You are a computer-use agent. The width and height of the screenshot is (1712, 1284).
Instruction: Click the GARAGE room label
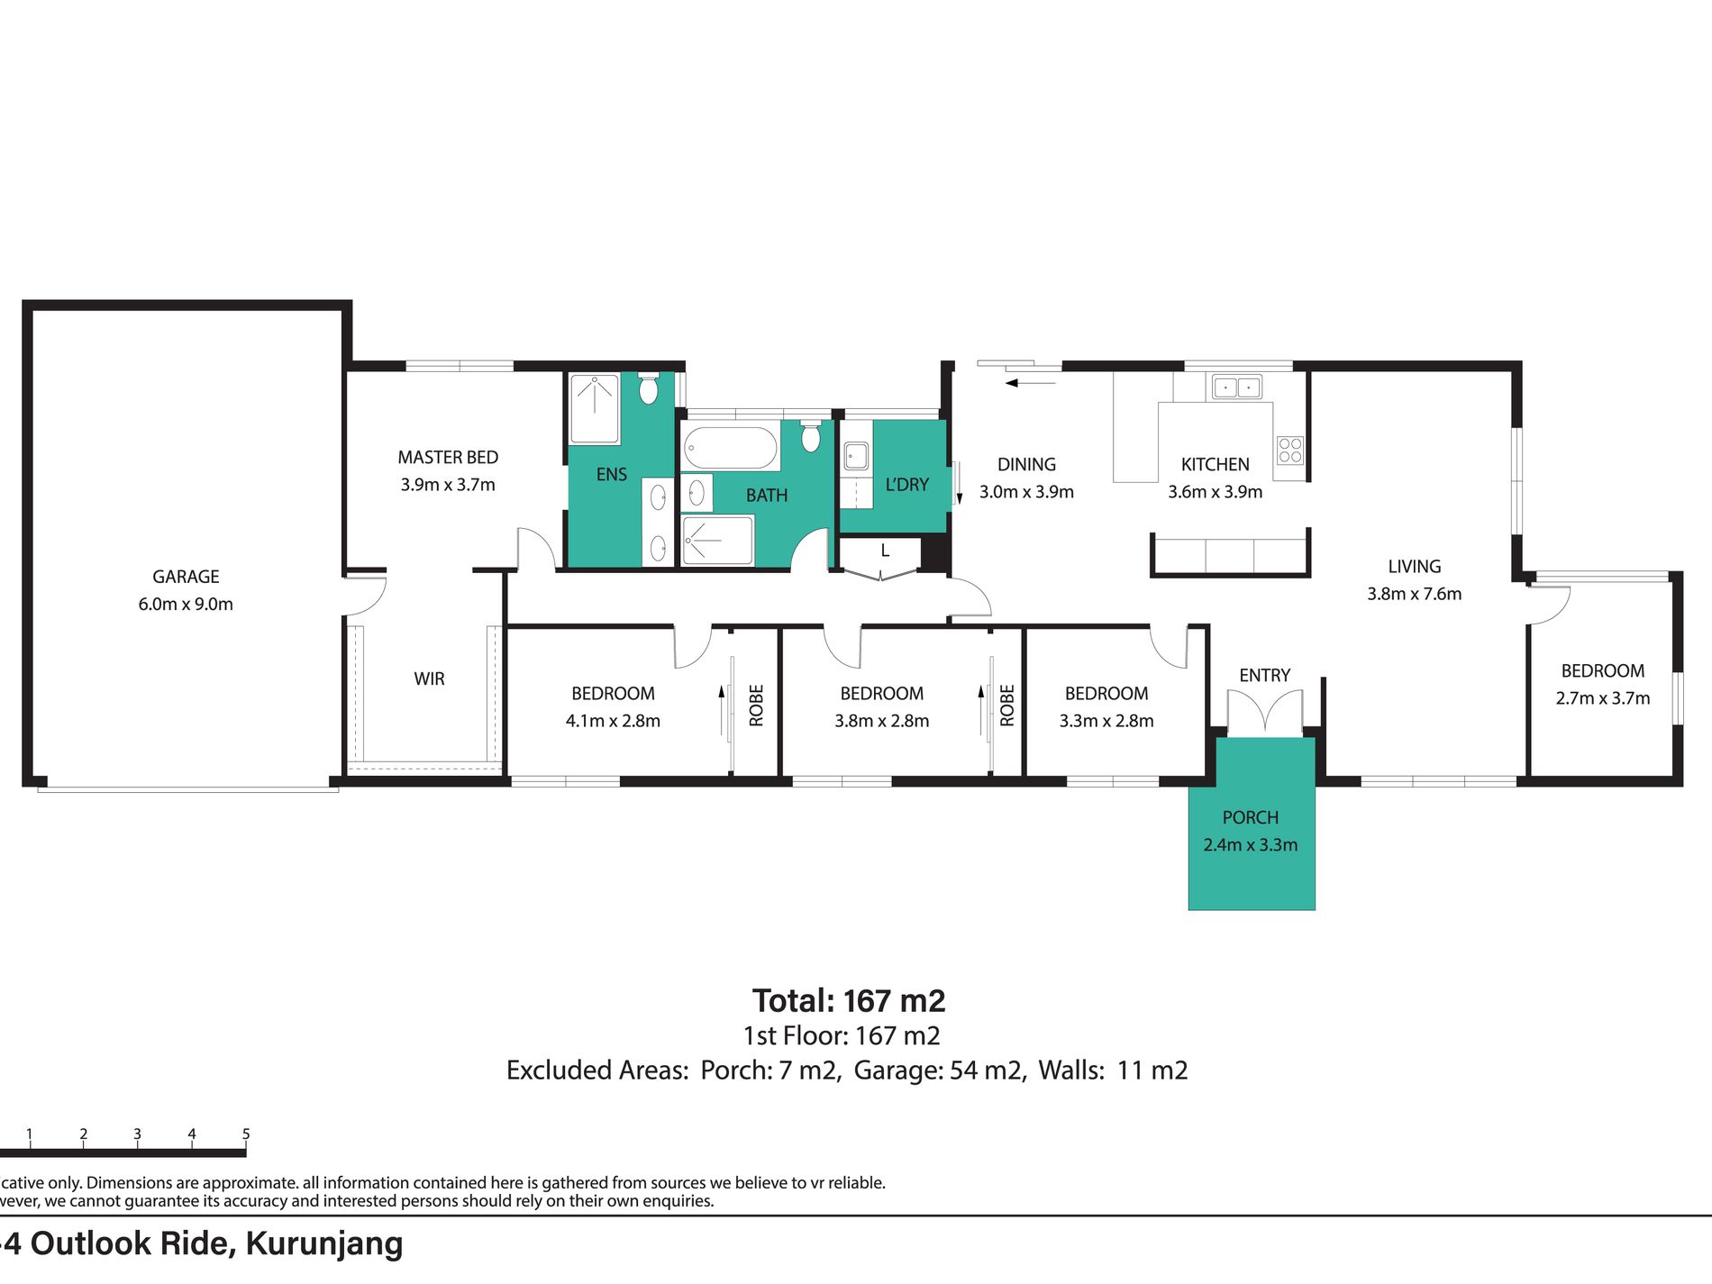pos(186,577)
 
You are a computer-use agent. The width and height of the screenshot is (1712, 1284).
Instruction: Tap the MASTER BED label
pos(448,458)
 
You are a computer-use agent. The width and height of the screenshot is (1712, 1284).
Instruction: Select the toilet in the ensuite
pos(648,388)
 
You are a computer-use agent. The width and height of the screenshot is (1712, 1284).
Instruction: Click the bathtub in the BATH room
pos(730,448)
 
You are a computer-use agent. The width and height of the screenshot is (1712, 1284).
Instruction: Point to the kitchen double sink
pos(1236,387)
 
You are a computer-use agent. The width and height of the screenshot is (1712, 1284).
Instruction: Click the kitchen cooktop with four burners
pos(1290,450)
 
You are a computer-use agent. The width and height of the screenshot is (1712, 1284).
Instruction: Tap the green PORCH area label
pos(1251,817)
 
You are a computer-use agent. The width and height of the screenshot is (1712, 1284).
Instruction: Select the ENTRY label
pos(1264,676)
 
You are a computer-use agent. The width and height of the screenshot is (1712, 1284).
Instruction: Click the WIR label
pos(429,679)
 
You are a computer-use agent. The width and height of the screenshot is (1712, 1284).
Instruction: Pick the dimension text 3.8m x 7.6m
pos(1414,594)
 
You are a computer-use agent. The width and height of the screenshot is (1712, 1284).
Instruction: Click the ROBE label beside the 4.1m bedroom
pos(756,705)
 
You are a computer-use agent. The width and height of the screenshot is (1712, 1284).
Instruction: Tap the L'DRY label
pos(906,485)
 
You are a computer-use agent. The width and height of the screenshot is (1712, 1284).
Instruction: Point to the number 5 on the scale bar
pos(246,1134)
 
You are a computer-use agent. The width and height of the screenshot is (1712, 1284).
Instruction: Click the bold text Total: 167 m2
pos(849,1001)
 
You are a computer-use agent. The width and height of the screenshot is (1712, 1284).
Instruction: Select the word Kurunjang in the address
pos(324,1244)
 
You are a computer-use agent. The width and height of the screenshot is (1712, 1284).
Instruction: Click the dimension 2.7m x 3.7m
pos(1602,698)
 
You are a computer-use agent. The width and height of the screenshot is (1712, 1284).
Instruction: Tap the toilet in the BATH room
pos(811,436)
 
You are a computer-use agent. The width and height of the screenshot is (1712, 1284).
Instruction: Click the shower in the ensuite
pos(595,408)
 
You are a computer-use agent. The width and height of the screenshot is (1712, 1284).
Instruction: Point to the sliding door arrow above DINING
pos(1030,383)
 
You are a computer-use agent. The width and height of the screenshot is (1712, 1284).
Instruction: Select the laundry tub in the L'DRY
pos(856,456)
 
